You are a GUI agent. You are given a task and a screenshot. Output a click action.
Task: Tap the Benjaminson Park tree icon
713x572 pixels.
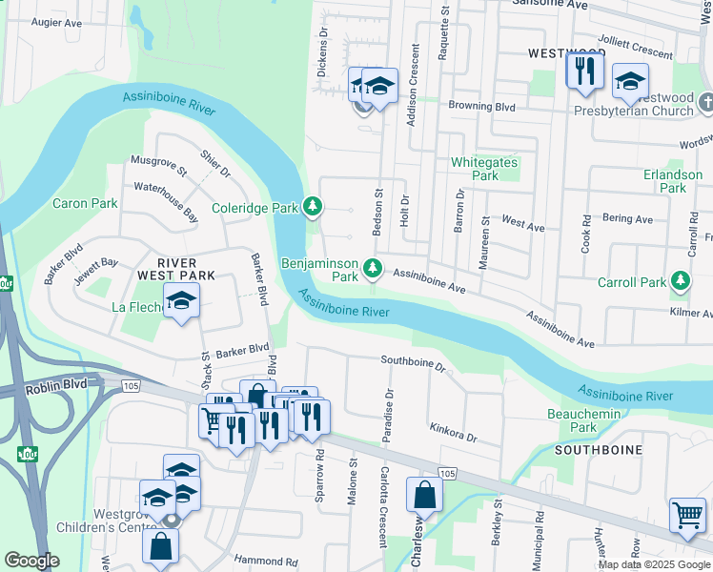tap(374, 270)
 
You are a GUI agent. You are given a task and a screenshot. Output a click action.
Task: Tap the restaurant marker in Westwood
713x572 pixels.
tap(582, 71)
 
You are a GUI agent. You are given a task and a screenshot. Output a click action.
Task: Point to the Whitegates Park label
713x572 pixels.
tap(485, 169)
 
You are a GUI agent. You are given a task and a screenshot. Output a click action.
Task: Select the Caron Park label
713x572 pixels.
tap(85, 203)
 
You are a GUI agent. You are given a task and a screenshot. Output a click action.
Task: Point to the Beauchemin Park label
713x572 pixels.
tap(583, 420)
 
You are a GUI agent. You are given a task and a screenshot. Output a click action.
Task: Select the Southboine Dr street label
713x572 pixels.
tap(414, 361)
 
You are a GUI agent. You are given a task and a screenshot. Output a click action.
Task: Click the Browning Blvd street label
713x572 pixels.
tap(482, 108)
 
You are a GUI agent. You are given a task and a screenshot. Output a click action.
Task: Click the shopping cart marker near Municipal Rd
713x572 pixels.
tap(686, 516)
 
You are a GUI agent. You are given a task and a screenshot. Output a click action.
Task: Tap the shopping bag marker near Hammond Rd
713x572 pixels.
tap(160, 546)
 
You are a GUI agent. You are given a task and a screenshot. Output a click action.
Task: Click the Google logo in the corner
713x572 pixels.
tap(31, 561)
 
